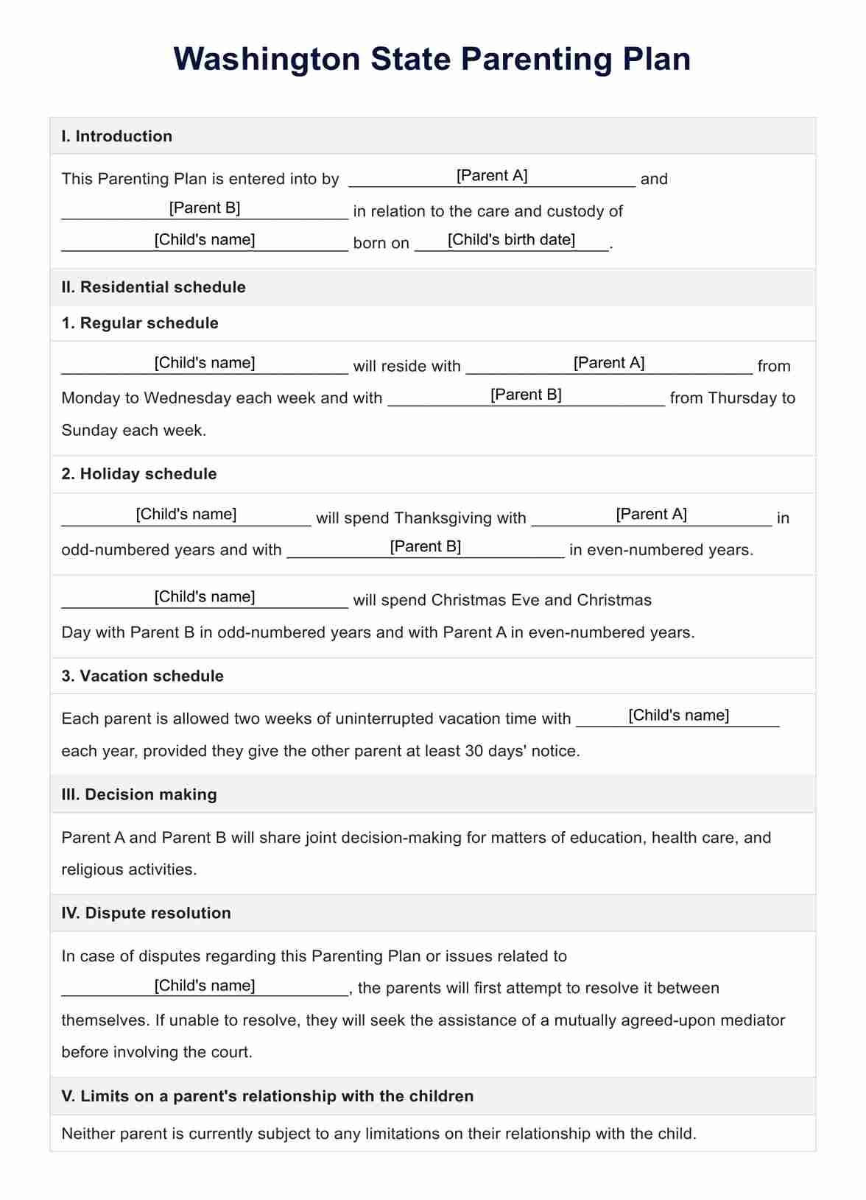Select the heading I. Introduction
click(116, 136)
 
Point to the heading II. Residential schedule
click(153, 287)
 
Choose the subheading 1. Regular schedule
click(140, 323)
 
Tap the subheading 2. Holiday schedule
click(139, 474)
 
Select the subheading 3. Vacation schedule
click(142, 676)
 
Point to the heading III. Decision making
click(139, 794)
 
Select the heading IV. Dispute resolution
click(146, 913)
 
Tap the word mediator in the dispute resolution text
click(751, 1020)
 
